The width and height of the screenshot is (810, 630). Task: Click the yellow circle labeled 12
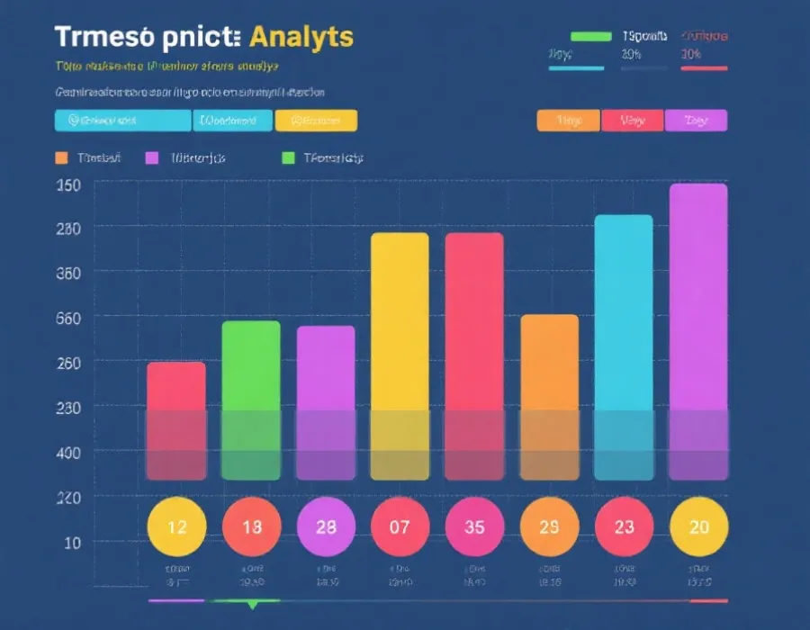176,526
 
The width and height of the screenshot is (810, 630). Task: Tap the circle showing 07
400,526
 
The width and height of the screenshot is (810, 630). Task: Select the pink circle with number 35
474,526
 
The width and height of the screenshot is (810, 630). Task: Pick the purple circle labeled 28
325,526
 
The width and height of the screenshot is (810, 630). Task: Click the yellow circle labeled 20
698,526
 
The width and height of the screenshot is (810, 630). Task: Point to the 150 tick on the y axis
69,184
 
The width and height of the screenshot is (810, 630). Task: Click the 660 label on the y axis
69,318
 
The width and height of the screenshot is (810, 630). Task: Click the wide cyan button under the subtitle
123,121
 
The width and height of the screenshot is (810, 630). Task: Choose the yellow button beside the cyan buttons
316,121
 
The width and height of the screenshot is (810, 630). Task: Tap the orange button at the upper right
568,121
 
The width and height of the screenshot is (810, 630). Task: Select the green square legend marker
288,157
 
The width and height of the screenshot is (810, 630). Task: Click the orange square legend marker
61,157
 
